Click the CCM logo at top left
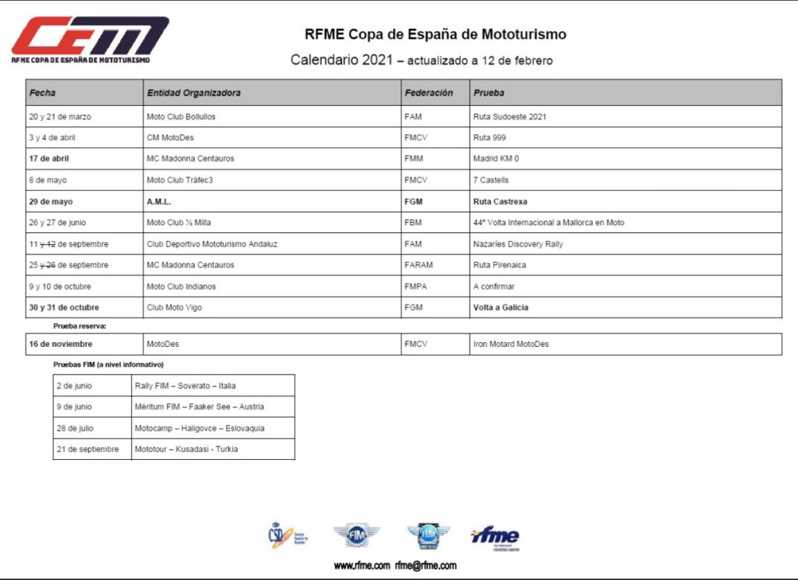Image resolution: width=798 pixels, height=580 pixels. pyautogui.click(x=90, y=39)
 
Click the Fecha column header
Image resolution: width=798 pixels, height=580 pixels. pyautogui.click(x=43, y=93)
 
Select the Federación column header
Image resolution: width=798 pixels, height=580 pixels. pyautogui.click(x=429, y=93)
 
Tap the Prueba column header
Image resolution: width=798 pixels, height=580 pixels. pyautogui.click(x=489, y=93)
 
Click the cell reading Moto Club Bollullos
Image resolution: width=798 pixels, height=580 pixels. pyautogui.click(x=181, y=117)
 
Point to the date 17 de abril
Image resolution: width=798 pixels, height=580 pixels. pyautogui.click(x=49, y=159)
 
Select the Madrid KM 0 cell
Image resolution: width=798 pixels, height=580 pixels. pyautogui.click(x=496, y=159)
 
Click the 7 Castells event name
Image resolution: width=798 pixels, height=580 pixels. pyautogui.click(x=491, y=180)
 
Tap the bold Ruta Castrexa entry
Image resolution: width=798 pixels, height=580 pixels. pyautogui.click(x=500, y=201)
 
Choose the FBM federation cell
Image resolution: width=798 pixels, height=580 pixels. pyautogui.click(x=413, y=222)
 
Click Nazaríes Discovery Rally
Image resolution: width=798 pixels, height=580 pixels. pyautogui.click(x=517, y=244)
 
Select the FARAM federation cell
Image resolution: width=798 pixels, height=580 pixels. pyautogui.click(x=418, y=265)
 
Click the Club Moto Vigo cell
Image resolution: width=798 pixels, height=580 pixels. pyautogui.click(x=174, y=307)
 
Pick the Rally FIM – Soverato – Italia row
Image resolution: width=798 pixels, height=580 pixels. pyautogui.click(x=185, y=386)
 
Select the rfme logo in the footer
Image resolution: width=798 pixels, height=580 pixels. pyautogui.click(x=495, y=537)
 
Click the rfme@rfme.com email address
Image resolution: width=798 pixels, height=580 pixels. pyautogui.click(x=425, y=566)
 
